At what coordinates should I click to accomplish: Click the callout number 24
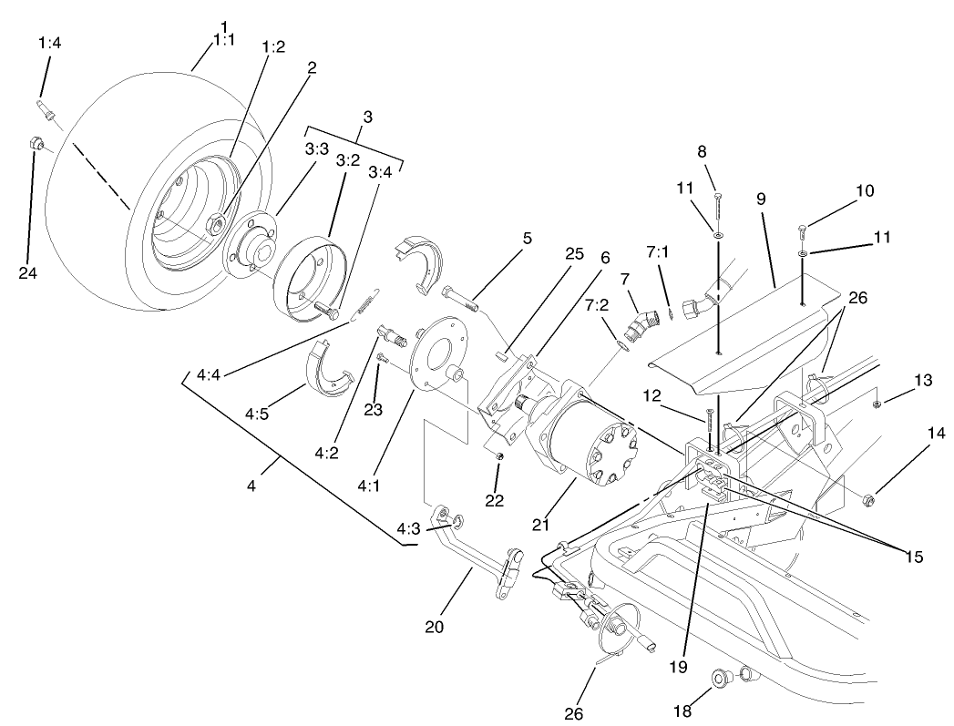point(27,271)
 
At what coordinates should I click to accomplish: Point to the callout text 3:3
point(316,149)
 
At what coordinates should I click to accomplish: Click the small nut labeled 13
point(875,404)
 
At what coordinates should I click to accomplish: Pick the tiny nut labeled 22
point(499,455)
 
